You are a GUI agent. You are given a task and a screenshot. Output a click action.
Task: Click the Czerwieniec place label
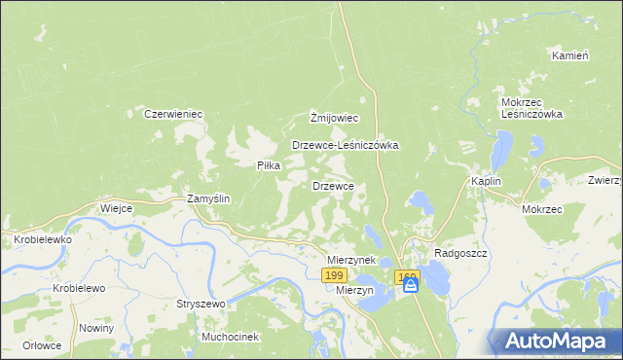pos(172,114)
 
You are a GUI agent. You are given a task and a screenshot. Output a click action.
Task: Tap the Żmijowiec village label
pos(335,118)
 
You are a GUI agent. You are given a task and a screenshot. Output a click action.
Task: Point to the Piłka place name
pos(268,165)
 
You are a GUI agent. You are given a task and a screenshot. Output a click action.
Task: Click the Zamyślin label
pos(208,198)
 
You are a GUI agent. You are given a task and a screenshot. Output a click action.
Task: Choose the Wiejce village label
pos(116,208)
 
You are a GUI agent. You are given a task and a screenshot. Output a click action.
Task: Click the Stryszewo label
pos(201,304)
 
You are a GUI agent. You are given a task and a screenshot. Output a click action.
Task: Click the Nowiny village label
pos(97,327)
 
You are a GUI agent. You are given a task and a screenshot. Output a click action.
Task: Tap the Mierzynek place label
pos(351,261)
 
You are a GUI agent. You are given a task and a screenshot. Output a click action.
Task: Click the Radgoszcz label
pos(460,252)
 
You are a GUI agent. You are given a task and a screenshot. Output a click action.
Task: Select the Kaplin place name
pos(486,181)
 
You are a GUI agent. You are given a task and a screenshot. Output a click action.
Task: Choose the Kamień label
pos(570,55)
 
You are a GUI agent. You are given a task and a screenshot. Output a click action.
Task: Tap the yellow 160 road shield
pos(407,276)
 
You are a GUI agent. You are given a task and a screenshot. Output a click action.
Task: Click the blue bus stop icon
pos(410,285)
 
